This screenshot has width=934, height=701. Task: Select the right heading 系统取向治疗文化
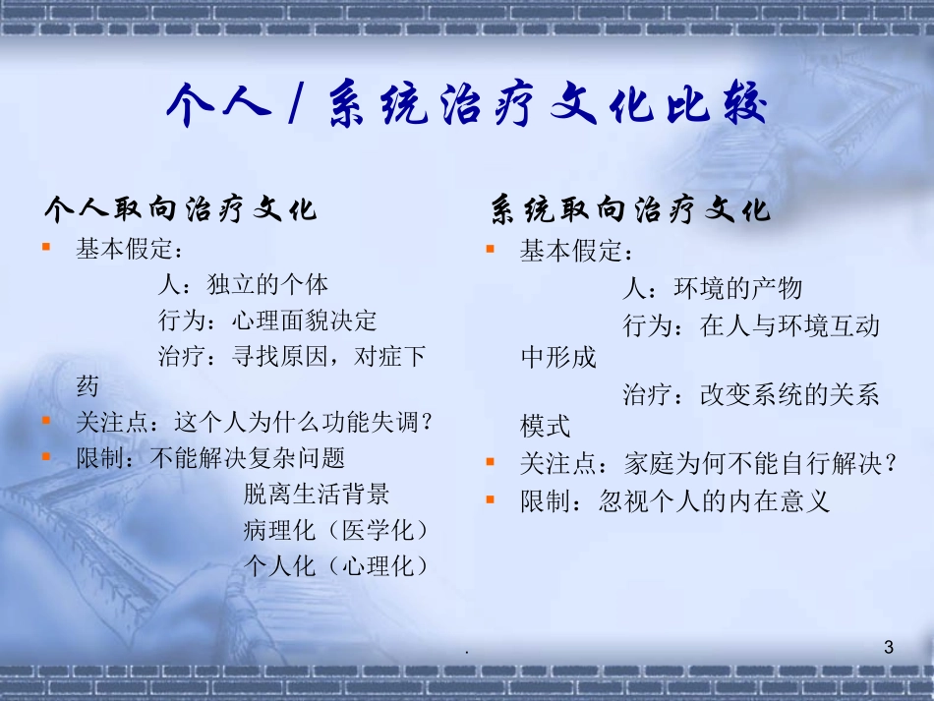tap(630, 209)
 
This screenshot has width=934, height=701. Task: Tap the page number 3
tap(889, 647)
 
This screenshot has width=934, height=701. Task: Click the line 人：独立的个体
tap(243, 285)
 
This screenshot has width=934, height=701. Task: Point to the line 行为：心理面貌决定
tap(266, 321)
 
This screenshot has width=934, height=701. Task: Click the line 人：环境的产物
tap(712, 288)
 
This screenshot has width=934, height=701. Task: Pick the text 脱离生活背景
tap(317, 494)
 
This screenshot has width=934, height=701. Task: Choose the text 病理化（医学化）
tap(337, 530)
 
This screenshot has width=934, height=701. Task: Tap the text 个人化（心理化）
tap(337, 565)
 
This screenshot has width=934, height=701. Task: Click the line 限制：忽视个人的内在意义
tap(675, 501)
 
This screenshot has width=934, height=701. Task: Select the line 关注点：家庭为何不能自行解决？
tap(709, 464)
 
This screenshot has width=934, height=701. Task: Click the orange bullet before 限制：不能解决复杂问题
tap(46, 457)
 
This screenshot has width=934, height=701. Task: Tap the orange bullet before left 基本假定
tap(46, 248)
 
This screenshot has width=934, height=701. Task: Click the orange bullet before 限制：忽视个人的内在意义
tap(491, 500)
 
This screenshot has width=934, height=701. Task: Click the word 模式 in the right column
tap(545, 427)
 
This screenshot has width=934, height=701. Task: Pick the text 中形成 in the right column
tap(557, 357)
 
